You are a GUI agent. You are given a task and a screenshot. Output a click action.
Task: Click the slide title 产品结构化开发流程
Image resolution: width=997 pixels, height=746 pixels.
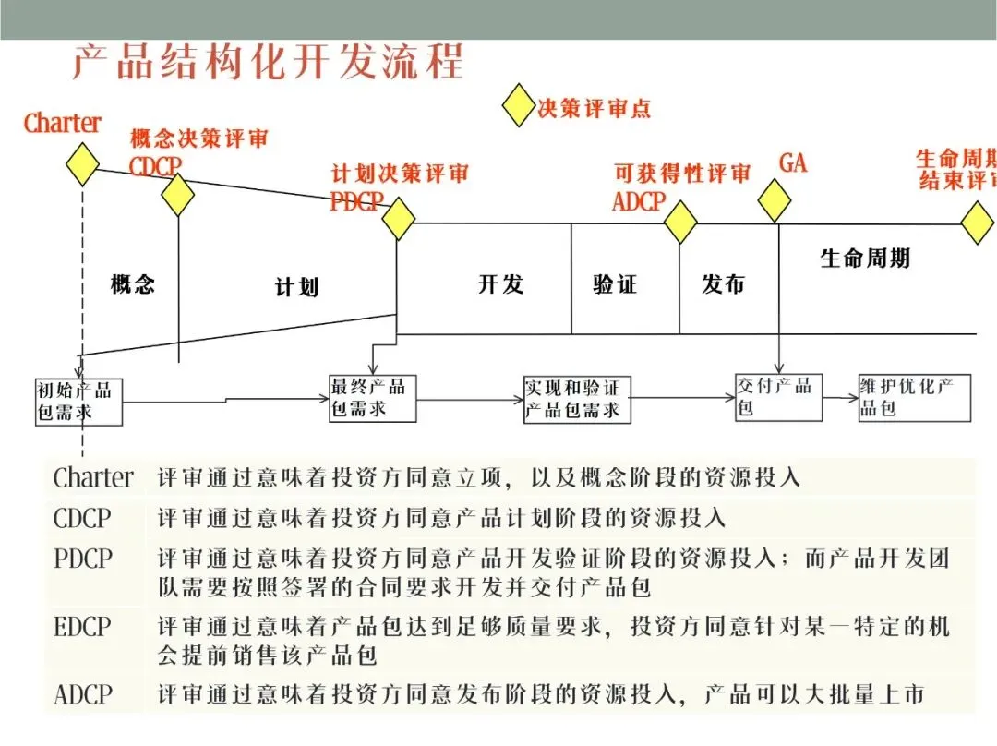pyautogui.click(x=269, y=63)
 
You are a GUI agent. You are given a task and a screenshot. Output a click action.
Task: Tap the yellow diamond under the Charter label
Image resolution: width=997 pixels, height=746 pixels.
pyautogui.click(x=82, y=163)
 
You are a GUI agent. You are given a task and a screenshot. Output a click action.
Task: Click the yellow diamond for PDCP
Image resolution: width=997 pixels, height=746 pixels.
pyautogui.click(x=398, y=218)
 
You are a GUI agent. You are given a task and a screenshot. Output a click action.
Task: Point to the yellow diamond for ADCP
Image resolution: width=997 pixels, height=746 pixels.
pyautogui.click(x=680, y=221)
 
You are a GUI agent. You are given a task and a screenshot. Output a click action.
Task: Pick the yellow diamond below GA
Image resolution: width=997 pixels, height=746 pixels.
pyautogui.click(x=774, y=200)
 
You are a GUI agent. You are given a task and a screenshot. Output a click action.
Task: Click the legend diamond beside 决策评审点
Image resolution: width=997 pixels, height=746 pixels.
pyautogui.click(x=519, y=106)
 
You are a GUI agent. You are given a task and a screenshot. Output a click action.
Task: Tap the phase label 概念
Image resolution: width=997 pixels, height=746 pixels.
pyautogui.click(x=133, y=283)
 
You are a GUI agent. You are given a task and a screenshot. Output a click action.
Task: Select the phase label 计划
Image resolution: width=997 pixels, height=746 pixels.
pyautogui.click(x=296, y=287)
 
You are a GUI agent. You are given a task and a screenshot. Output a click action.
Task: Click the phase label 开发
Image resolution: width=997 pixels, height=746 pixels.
pyautogui.click(x=500, y=283)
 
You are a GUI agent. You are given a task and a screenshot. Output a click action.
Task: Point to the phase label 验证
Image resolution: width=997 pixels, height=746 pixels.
pyautogui.click(x=615, y=283)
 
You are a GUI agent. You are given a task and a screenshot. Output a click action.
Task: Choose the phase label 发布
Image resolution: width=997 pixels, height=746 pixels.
pyautogui.click(x=723, y=283)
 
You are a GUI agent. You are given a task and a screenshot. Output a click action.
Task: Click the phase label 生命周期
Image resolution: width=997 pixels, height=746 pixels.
pyautogui.click(x=865, y=258)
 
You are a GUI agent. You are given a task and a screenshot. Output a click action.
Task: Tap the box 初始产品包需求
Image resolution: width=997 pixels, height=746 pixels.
pyautogui.click(x=78, y=401)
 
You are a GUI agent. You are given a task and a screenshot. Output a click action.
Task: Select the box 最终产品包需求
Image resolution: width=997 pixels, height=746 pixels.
pyautogui.click(x=369, y=397)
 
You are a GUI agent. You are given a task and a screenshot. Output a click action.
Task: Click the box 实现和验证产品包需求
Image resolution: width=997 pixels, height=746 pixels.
pyautogui.click(x=577, y=399)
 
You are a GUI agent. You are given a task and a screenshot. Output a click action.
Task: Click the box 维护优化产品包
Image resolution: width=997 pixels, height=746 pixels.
pyautogui.click(x=913, y=397)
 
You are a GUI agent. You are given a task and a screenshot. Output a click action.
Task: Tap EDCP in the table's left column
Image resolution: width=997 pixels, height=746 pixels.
pyautogui.click(x=82, y=627)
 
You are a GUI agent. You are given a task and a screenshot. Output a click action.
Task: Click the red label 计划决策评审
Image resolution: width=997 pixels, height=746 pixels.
pyautogui.click(x=400, y=173)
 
